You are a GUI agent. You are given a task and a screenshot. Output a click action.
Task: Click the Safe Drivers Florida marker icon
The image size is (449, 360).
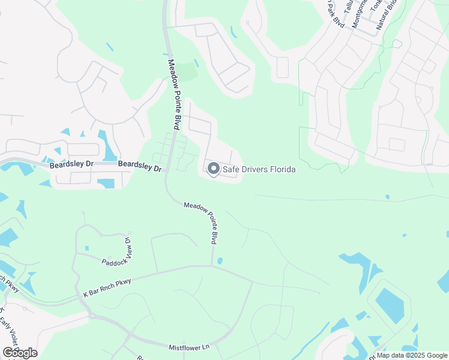(x=213, y=169)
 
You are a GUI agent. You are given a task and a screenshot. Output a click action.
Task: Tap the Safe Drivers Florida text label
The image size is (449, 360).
(x=259, y=170)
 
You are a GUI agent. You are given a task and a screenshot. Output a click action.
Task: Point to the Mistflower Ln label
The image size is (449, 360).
(x=188, y=346)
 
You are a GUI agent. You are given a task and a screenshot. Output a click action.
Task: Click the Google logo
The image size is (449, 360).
(x=20, y=352)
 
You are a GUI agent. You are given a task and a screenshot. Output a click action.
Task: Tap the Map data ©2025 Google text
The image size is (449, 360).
(x=412, y=355)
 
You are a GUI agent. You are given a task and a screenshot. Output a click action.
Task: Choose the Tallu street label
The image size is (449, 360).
(x=348, y=7)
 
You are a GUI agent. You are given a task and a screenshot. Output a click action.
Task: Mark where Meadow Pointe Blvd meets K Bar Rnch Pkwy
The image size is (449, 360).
(x=212, y=266)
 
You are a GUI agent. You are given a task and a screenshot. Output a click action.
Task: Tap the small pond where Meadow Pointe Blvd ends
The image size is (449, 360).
(x=220, y=261)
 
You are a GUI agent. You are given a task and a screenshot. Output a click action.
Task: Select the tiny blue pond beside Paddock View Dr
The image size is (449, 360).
(x=88, y=248)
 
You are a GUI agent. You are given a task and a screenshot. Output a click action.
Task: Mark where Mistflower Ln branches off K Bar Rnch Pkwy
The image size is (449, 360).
(x=91, y=314)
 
